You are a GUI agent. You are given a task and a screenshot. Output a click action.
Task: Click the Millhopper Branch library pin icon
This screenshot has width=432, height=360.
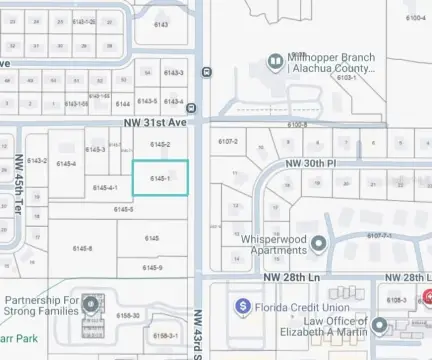coord(274,61)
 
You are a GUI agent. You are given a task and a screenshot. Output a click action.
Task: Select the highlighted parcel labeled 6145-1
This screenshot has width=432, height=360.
coord(161,178)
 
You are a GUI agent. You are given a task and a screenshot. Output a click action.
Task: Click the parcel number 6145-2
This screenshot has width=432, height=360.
coord(160,146)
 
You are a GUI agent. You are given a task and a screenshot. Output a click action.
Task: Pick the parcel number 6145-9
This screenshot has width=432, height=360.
coord(152,267)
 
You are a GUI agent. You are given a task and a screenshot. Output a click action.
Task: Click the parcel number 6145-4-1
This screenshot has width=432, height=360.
coord(105,188)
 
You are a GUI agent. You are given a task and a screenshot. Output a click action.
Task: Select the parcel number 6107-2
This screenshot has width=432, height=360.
coord(227,142)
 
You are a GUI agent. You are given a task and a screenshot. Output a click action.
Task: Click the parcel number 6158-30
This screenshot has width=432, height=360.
coord(128,315)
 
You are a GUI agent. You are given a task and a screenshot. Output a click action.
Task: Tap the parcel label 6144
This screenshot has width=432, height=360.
coord(123,103)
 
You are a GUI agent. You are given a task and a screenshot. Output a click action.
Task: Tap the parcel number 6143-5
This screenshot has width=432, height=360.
coord(148,101)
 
